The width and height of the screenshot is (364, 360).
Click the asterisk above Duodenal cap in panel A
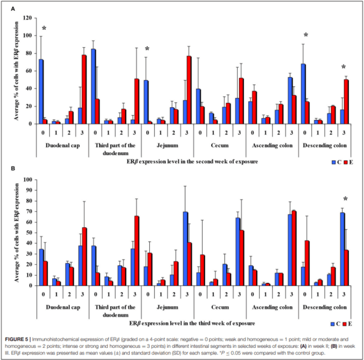coord(44,28)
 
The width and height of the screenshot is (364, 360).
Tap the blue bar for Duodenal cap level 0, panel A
coord(41,92)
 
